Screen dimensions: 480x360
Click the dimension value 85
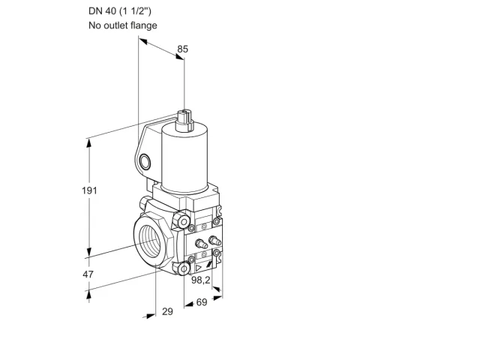coord(183,49)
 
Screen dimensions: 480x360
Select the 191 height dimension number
coord(89,190)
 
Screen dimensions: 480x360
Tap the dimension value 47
coord(88,274)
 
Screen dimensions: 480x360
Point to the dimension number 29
coord(167,311)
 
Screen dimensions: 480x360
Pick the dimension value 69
coord(202,302)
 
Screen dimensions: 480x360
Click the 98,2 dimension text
coord(201,280)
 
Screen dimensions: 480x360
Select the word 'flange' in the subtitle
coord(144,25)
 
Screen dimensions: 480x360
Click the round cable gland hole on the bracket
coord(145,162)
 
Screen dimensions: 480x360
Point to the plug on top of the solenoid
coord(185,120)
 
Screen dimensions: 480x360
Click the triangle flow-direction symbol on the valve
coord(198,268)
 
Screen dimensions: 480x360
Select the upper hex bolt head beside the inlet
coord(181,220)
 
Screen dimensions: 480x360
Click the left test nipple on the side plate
coord(201,244)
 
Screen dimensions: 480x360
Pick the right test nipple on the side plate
coord(214,240)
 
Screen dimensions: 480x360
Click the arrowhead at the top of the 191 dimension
coord(89,144)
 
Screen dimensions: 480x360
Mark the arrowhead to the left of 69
coord(189,304)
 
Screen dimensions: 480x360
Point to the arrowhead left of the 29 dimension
coord(150,316)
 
